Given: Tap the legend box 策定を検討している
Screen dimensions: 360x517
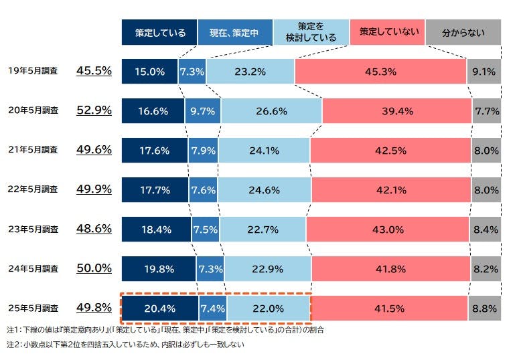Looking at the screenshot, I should pos(311,32).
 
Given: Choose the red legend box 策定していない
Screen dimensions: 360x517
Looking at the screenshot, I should pos(386,32).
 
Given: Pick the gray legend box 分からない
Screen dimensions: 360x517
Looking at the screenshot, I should pos(463,32).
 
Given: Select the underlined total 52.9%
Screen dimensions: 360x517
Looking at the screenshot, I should pos(94,110).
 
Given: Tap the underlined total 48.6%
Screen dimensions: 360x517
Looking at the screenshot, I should pos(94,229).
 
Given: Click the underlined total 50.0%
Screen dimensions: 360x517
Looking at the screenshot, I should pos(94,268).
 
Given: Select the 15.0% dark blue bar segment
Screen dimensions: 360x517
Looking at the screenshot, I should pos(149,72).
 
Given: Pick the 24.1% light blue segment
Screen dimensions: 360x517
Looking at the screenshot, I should pos(263,151).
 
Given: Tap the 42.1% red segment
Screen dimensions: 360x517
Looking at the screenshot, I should pos(391,190).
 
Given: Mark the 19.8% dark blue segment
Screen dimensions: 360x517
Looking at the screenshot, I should pos(158,269).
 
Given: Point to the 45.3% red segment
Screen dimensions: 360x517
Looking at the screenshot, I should pos(380,72).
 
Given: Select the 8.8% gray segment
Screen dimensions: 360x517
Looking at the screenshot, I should pos(485,308).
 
